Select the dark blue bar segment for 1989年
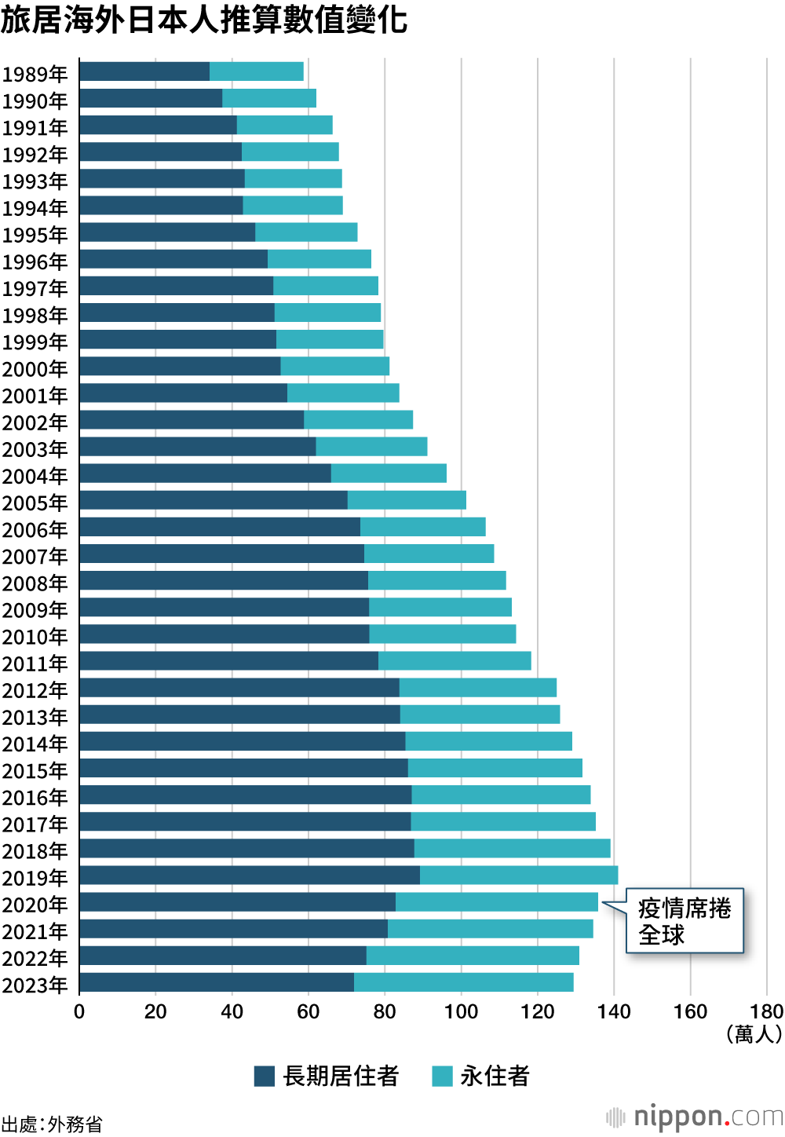tap(144, 71)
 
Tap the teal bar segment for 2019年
tap(519, 876)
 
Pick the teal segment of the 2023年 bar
tap(464, 982)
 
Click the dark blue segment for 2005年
tap(214, 500)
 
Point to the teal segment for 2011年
tap(455, 661)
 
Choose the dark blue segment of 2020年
tap(237, 902)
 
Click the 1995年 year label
tap(35, 235)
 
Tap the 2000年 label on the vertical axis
tap(35, 369)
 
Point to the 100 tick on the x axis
tap(461, 1011)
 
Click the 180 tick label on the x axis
tap(766, 1011)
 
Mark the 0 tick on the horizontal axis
tap(79, 1011)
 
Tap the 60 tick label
tap(309, 1011)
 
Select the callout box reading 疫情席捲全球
tap(684, 921)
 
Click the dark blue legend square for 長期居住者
tap(265, 1077)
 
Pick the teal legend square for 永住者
tap(443, 1077)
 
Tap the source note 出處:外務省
tap(52, 1124)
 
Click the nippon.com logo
tap(695, 1117)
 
